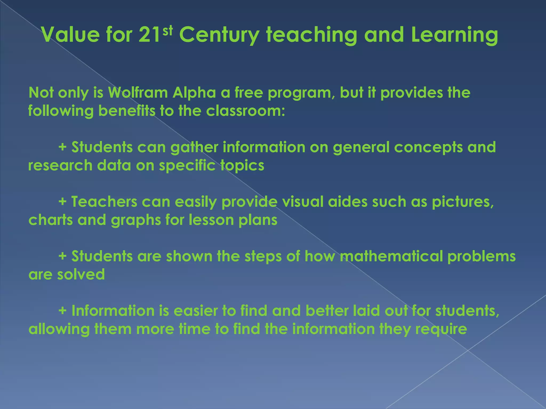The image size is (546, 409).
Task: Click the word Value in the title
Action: [70, 35]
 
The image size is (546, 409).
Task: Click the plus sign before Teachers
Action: [62, 202]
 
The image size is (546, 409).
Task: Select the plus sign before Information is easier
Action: [62, 311]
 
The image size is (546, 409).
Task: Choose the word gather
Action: [194, 147]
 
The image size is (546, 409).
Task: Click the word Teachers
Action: [104, 202]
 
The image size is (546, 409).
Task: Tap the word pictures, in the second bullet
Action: [463, 202]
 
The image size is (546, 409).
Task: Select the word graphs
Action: [136, 220]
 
